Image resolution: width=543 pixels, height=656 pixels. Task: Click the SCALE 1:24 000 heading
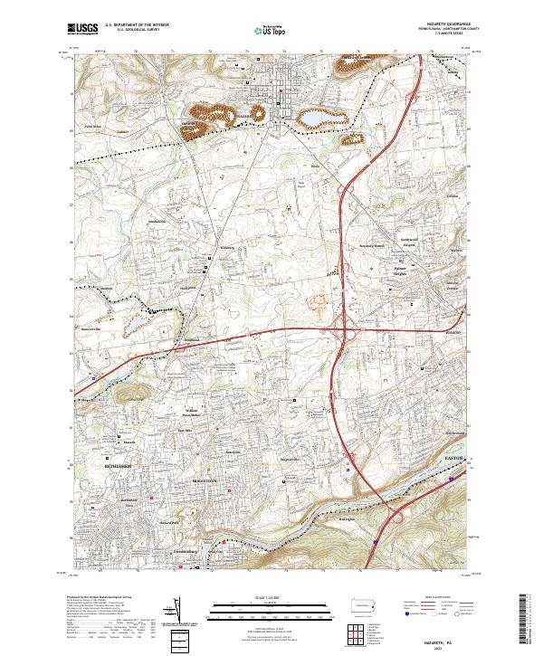tap(259, 598)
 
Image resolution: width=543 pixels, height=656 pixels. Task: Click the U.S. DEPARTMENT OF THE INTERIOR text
tap(136, 26)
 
